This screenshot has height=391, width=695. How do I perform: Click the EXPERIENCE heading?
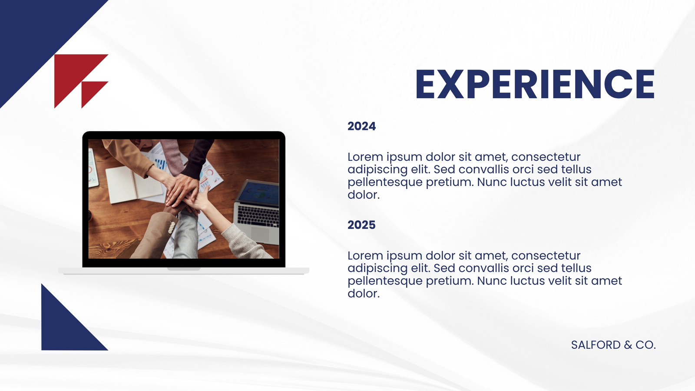pyautogui.click(x=535, y=84)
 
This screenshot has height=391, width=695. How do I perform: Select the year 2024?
pyautogui.click(x=361, y=126)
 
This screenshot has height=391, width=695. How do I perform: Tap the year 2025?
pyautogui.click(x=361, y=225)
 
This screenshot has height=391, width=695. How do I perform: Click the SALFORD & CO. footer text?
pyautogui.click(x=613, y=345)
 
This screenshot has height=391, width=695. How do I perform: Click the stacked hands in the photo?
pyautogui.click(x=183, y=192)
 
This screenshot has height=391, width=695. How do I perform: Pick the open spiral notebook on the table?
pyautogui.click(x=133, y=185)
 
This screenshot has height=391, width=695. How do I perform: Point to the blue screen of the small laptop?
pyautogui.click(x=260, y=194)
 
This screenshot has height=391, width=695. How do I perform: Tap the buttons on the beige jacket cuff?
pyautogui.click(x=171, y=228)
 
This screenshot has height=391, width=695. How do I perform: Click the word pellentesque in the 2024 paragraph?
pyautogui.click(x=385, y=182)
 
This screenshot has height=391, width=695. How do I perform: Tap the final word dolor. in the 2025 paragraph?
pyautogui.click(x=363, y=294)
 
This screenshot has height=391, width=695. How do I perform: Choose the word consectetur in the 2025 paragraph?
pyautogui.click(x=546, y=256)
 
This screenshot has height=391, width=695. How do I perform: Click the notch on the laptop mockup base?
pyautogui.click(x=184, y=269)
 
